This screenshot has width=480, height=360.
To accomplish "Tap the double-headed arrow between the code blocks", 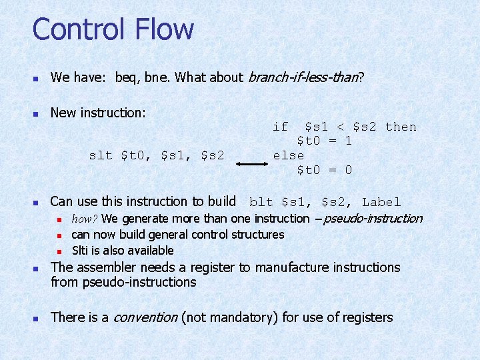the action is tap(253, 162).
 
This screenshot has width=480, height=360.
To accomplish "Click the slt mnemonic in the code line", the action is tap(101, 155).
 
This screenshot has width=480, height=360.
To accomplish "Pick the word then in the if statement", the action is tap(401, 127).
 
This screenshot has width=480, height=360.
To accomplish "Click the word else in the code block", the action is tap(288, 155).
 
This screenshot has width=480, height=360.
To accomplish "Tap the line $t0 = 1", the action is tap(324, 141).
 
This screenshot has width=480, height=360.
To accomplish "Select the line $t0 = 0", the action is tap(324, 170).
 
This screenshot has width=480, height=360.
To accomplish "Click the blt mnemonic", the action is tap(261, 202).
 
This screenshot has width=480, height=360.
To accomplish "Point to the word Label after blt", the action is tap(381, 202).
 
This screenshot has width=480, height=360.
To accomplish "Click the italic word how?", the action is tap(85, 219).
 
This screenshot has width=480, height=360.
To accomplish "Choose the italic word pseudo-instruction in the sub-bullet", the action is tap(373, 218).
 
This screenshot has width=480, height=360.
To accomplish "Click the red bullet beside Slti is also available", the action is tap(59, 251).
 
